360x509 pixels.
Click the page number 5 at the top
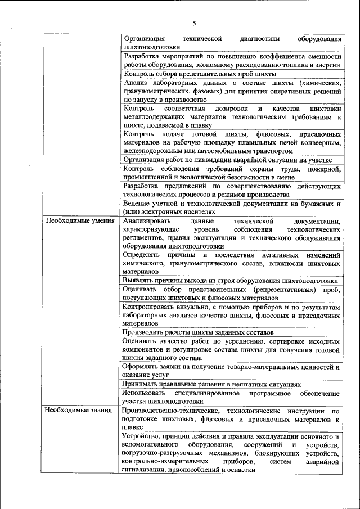194,24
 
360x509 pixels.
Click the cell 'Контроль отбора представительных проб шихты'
200,74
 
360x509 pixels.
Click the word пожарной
325,168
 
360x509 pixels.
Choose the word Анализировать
147,222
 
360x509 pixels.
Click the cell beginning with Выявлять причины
231,280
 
